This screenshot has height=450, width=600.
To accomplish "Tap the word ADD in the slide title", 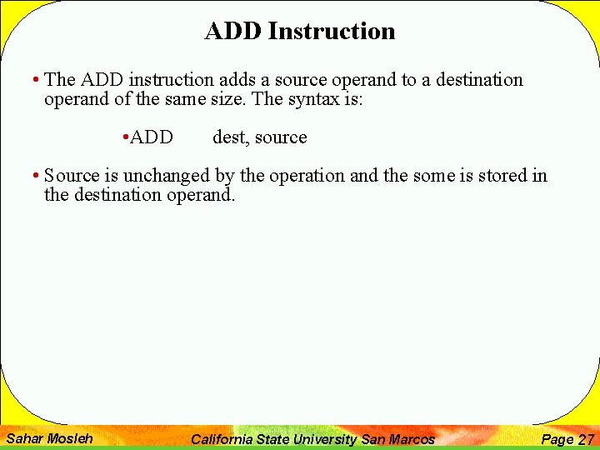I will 234,31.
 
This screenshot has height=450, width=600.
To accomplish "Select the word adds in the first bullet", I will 237,80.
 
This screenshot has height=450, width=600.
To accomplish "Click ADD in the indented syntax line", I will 152,137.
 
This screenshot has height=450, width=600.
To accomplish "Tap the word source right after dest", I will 279,137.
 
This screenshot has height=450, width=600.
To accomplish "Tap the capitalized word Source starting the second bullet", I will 71,176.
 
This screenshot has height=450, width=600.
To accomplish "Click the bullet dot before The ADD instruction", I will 36,81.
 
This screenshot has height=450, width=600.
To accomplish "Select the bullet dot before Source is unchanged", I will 36,177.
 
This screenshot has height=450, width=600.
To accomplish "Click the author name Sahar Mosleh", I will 49,438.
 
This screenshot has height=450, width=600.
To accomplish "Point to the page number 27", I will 586,439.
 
